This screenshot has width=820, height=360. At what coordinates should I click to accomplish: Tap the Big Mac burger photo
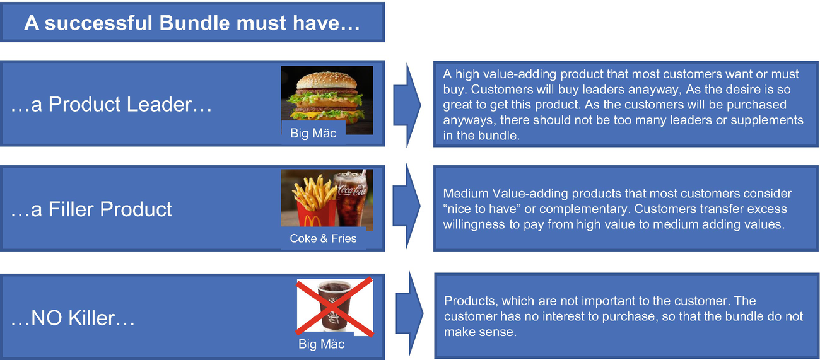click(x=327, y=100)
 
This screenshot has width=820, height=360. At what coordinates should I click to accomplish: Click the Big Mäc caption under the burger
click(x=313, y=133)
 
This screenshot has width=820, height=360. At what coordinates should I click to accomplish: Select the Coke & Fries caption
click(x=323, y=238)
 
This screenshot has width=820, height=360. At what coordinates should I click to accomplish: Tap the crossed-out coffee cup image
click(x=334, y=306)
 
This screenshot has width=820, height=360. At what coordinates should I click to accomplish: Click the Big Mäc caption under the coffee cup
click(x=321, y=344)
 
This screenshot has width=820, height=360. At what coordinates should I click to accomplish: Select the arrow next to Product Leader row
click(x=407, y=105)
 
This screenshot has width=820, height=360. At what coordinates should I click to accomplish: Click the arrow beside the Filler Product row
click(x=406, y=206)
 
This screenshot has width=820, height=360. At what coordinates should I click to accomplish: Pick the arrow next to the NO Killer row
click(x=409, y=313)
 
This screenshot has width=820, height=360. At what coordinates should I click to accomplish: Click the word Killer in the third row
click(x=91, y=318)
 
